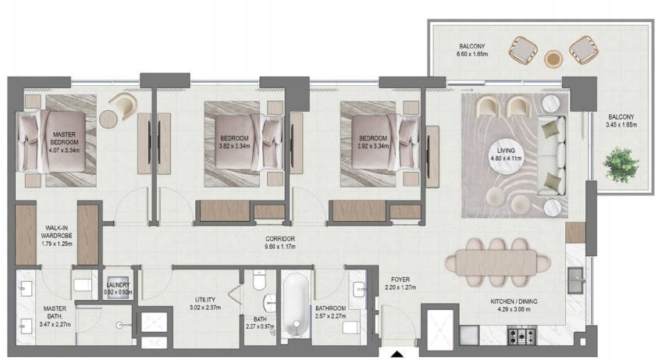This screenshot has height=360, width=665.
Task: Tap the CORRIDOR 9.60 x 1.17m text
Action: point(280,242)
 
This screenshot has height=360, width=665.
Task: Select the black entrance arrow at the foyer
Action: point(397,354)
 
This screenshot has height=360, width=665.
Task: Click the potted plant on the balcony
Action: point(621,164)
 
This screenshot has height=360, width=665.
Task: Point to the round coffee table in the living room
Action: point(506,155)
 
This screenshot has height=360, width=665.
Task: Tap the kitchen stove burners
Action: point(521,337)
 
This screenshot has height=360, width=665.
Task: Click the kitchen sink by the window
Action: point(576,280)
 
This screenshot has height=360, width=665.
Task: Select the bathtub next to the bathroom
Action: point(296,305)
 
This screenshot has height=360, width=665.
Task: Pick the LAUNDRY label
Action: point(118,285)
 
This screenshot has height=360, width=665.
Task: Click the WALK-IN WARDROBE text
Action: point(56,232)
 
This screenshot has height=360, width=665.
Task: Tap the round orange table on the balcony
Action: point(553,59)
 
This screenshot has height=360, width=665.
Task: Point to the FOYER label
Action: point(400,280)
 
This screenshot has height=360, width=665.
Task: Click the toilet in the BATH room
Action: point(258,280)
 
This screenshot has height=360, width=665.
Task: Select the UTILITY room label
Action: point(205,300)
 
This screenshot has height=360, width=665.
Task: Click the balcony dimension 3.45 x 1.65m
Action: point(621,125)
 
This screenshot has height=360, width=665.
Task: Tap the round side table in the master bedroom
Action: point(108,119)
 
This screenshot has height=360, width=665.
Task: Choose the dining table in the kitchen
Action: point(497,262)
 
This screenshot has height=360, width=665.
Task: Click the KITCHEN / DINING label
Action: point(514,301)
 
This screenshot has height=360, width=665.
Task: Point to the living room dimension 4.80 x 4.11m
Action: point(506,159)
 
